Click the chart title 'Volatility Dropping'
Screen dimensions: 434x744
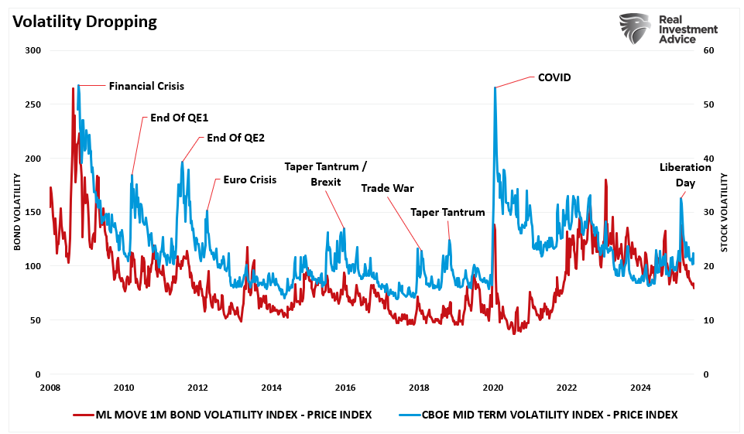tap(84, 22)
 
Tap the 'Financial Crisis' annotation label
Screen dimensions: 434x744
tap(146, 86)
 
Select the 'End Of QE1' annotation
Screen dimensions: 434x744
tap(173, 118)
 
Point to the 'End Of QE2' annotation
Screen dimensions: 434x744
tap(235, 138)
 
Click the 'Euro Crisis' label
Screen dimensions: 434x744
tap(249, 179)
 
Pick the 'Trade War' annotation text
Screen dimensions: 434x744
tap(387, 188)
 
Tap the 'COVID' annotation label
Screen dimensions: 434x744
tap(554, 77)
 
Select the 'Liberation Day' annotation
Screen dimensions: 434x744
tap(684, 175)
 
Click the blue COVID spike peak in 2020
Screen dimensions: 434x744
tap(494, 87)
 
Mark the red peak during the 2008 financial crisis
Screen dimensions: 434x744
tap(74, 88)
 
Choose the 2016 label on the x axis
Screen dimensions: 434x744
tap(345, 388)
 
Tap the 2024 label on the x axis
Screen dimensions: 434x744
tap(640, 388)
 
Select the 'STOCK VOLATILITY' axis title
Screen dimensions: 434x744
tap(725, 212)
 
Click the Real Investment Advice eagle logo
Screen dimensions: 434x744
tap(634, 29)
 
